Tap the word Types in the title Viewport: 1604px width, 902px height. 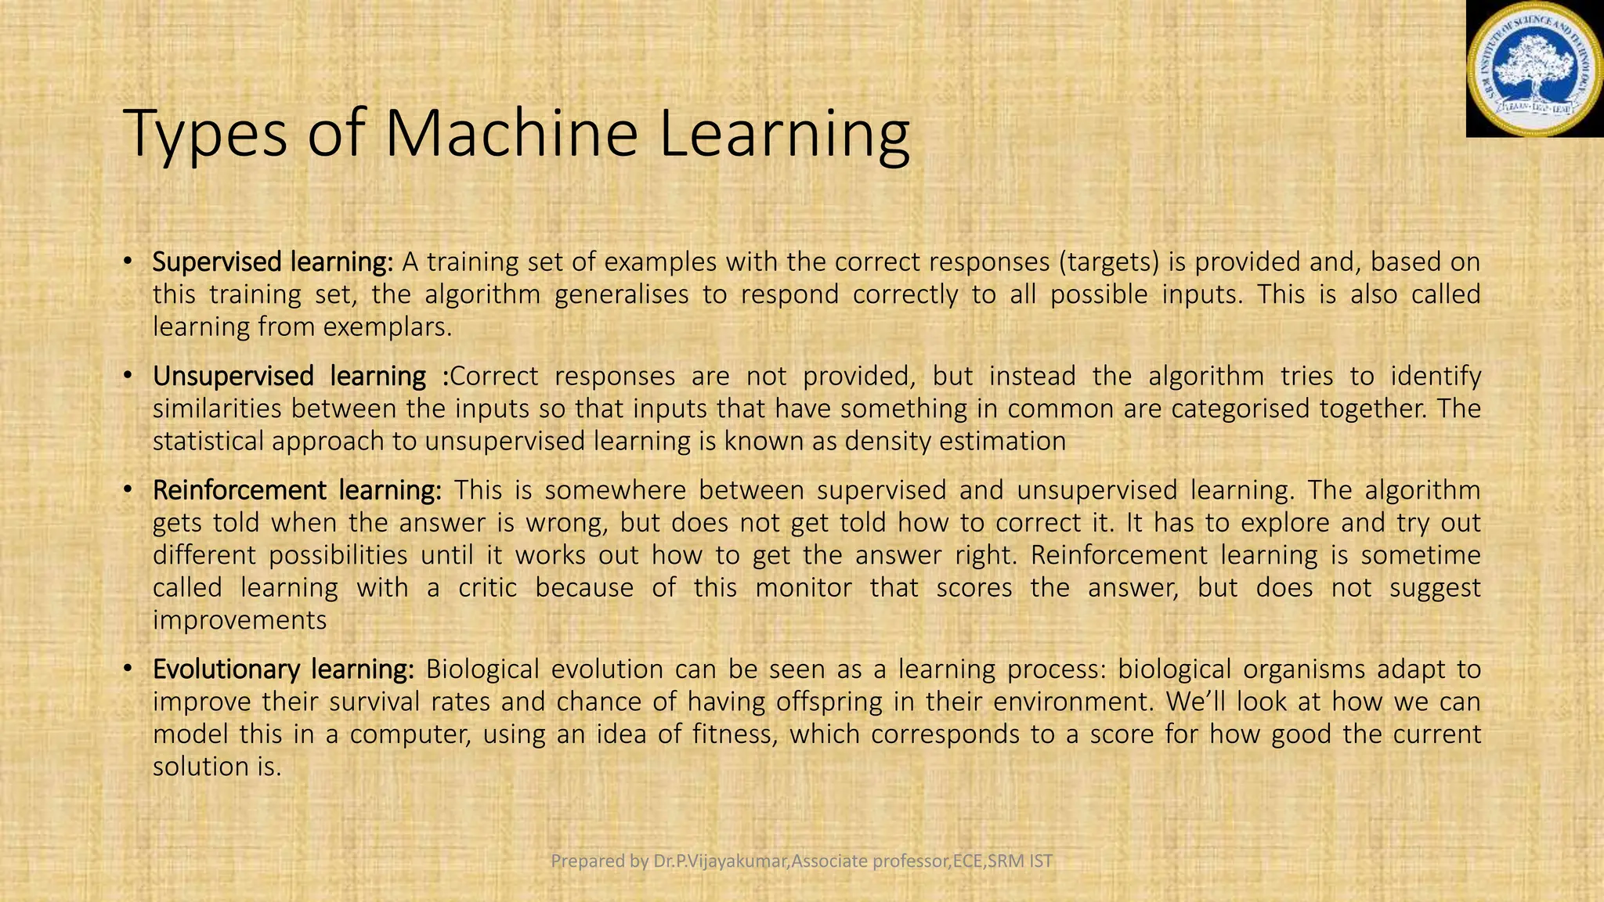[204, 135]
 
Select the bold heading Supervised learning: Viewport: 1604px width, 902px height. [273, 262]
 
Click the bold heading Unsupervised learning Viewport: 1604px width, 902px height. [289, 376]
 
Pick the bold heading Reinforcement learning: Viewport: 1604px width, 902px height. [297, 490]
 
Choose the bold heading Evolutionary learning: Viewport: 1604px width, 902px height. [283, 669]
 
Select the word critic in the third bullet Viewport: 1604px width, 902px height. [487, 587]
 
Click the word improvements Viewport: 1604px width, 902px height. [240, 620]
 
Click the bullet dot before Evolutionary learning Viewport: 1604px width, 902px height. [128, 669]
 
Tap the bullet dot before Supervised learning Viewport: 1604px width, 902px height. [128, 262]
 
